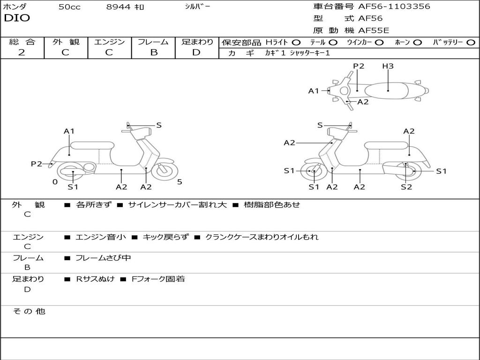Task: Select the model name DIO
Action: click(17, 18)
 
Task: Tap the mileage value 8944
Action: click(118, 7)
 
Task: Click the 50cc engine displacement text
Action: click(69, 7)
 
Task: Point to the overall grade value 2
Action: click(22, 52)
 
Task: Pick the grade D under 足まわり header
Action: click(196, 52)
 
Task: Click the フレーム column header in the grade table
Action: click(154, 42)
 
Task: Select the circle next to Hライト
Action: click(296, 43)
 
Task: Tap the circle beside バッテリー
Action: click(471, 43)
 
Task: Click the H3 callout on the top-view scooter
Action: click(388, 66)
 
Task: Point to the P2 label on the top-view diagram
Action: click(359, 66)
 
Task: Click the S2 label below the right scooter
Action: click(406, 187)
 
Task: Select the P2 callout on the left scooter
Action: click(37, 164)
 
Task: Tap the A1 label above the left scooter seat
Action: click(69, 131)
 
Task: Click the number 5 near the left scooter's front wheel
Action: click(180, 182)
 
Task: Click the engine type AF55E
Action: click(374, 31)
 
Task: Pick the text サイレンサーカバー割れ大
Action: click(177, 205)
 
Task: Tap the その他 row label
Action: click(29, 311)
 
